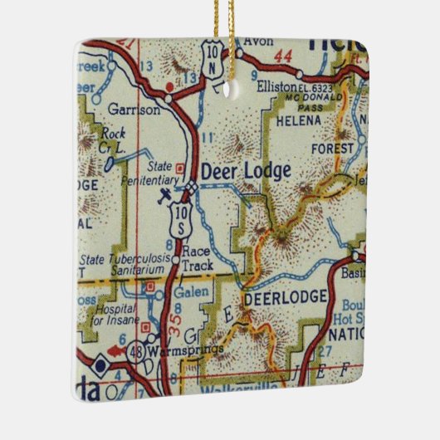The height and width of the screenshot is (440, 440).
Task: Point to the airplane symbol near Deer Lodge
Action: click(x=165, y=195)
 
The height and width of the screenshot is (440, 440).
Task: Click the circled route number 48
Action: click(x=135, y=351)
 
